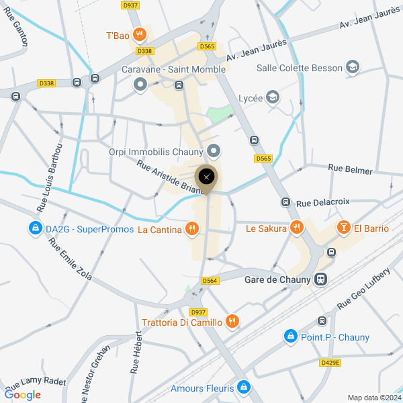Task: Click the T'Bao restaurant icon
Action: click(139, 34)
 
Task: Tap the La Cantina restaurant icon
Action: click(193, 230)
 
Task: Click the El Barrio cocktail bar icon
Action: click(343, 228)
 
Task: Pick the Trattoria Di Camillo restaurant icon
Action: click(232, 322)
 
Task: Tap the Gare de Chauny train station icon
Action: click(322, 279)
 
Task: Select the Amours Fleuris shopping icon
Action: click(243, 388)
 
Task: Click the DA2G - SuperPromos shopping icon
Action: click(34, 229)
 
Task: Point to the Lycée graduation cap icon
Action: click(272, 98)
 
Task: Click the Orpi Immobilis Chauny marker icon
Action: click(214, 151)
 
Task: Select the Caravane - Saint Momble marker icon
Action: click(140, 84)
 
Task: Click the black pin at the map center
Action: click(206, 177)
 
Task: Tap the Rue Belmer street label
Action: click(350, 169)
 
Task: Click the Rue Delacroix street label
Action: click(323, 202)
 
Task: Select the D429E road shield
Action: click(330, 362)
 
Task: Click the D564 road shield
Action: click(210, 281)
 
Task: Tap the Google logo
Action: click(23, 395)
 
